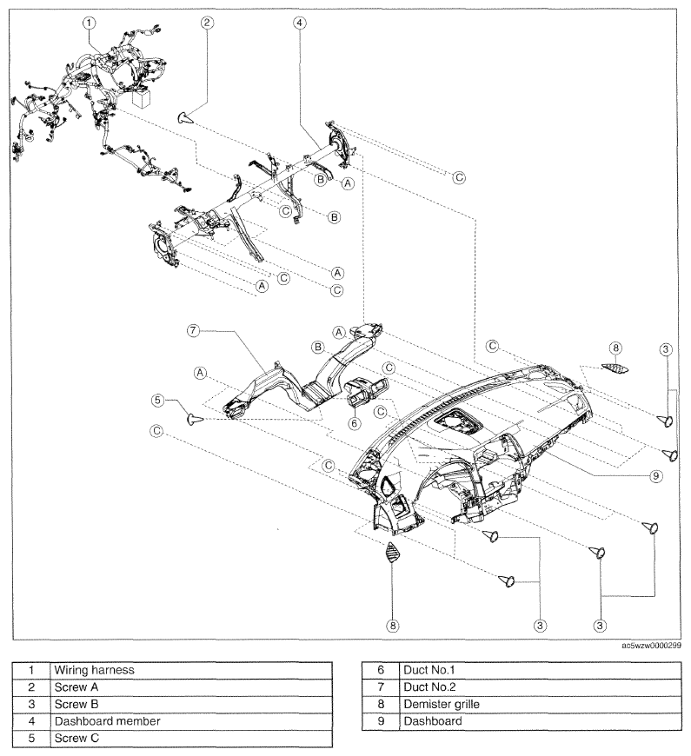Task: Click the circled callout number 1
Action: pos(90,23)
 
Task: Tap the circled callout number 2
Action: pos(208,23)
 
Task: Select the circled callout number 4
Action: pos(300,23)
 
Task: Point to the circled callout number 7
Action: pos(193,331)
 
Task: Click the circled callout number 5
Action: pos(157,401)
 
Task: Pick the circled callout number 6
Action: pos(355,423)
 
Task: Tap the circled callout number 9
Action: pos(656,476)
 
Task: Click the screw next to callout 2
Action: pos(186,117)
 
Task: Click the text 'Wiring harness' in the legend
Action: pos(94,670)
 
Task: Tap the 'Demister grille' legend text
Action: pos(442,704)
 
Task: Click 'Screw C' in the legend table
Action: pos(76,738)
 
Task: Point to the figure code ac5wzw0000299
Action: pos(652,646)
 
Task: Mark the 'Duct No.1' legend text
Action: pos(429,670)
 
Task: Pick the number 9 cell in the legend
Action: pos(381,721)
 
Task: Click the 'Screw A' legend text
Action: pos(76,687)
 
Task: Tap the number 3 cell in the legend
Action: pos(31,704)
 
